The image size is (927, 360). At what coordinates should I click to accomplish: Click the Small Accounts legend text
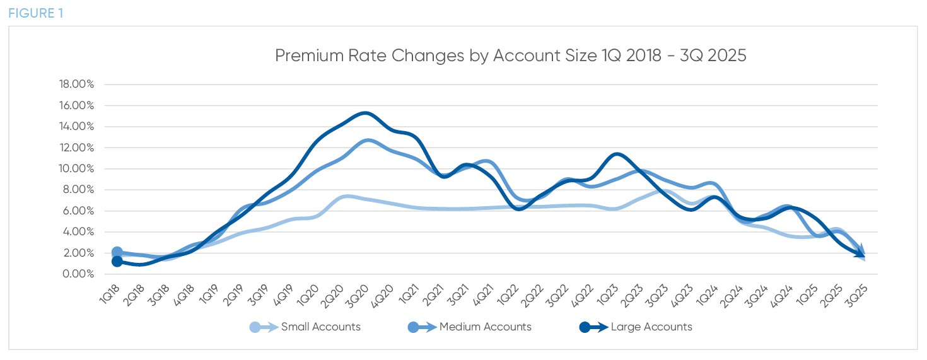coord(320,327)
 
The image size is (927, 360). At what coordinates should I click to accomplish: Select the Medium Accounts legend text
coord(485,327)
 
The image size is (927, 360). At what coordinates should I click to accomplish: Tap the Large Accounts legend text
coord(651,327)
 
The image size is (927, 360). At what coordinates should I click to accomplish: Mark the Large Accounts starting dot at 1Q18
coord(117,262)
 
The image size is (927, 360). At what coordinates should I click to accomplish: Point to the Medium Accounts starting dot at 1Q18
coord(117,253)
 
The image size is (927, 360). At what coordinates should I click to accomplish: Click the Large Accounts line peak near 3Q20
coord(365,113)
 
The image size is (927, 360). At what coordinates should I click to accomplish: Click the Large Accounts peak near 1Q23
coord(616,153)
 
